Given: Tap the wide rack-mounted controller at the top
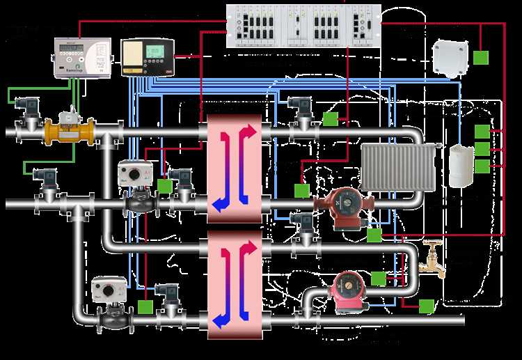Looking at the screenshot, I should point(304,26).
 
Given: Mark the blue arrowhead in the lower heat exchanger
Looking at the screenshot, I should point(220,321).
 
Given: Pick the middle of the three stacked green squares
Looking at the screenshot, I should point(482,148).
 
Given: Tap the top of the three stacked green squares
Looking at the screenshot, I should point(482,131).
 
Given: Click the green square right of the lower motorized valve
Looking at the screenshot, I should point(146,306).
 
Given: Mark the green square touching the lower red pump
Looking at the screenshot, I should point(378,279).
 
